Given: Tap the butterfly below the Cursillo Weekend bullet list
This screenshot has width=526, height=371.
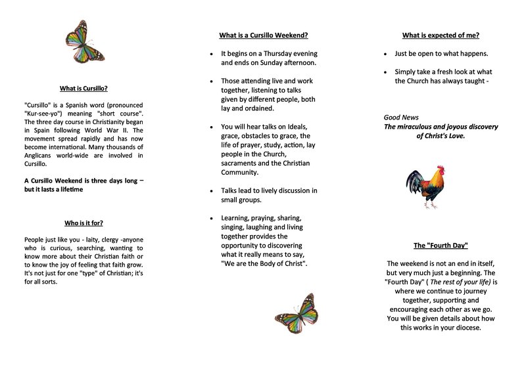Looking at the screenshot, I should coord(297,314).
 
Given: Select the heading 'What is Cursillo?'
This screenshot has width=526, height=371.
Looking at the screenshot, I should coord(84,88).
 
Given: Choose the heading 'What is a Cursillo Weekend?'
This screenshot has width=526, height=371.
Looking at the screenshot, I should coord(263,36).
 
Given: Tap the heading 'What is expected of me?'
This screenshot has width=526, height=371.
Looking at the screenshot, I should coord(441,36).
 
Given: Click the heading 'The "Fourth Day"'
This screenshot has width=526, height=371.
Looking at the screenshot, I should coord(441,246).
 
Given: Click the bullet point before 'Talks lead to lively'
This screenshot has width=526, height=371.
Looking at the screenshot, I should coord(210,191).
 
